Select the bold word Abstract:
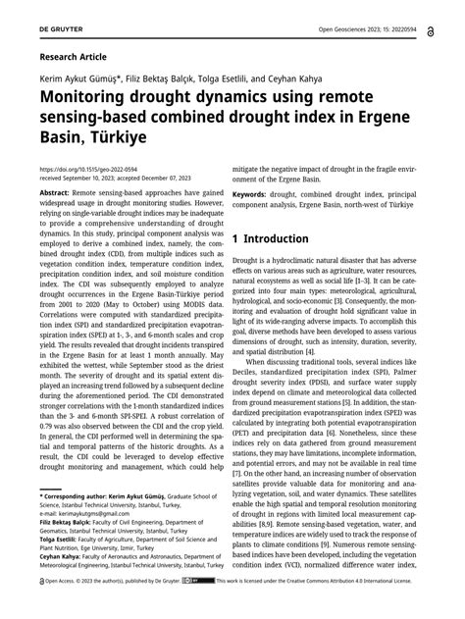tap(56, 195)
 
